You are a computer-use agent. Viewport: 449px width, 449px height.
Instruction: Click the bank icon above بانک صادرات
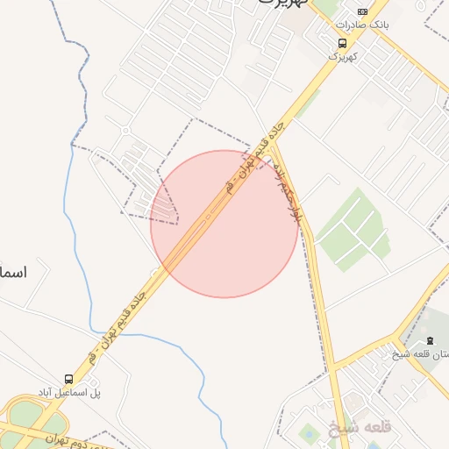tap(362, 11)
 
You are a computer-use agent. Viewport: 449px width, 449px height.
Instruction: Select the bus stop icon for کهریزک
tap(341, 43)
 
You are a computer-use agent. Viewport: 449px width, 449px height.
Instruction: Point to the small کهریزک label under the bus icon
tap(344, 55)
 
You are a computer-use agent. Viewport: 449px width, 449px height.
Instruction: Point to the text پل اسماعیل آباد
tap(69, 391)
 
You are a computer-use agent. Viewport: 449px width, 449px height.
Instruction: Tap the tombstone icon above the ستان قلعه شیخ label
tap(429, 340)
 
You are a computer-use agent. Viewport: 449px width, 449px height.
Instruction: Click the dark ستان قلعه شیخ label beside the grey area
tap(421, 353)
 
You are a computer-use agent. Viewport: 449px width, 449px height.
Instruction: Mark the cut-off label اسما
tap(13, 273)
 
